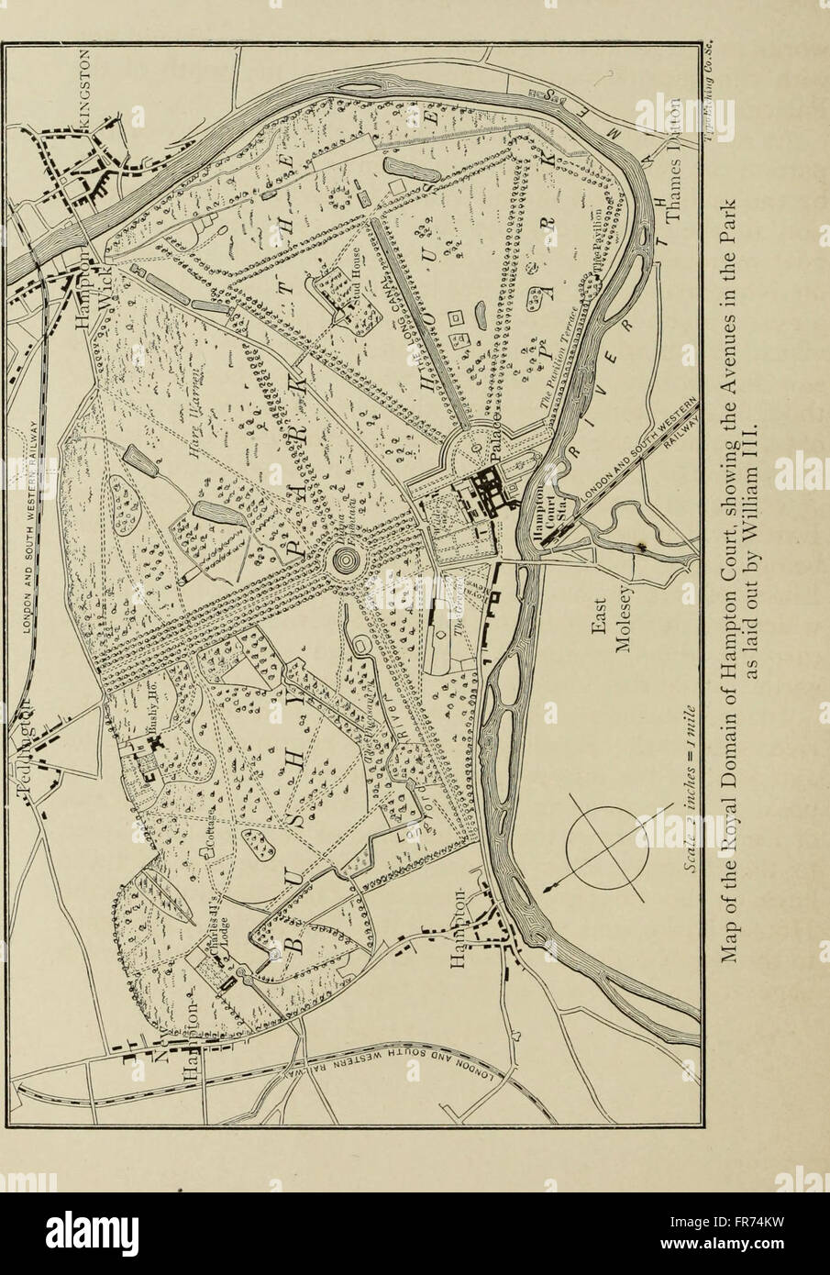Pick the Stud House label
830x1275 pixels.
click(354, 294)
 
